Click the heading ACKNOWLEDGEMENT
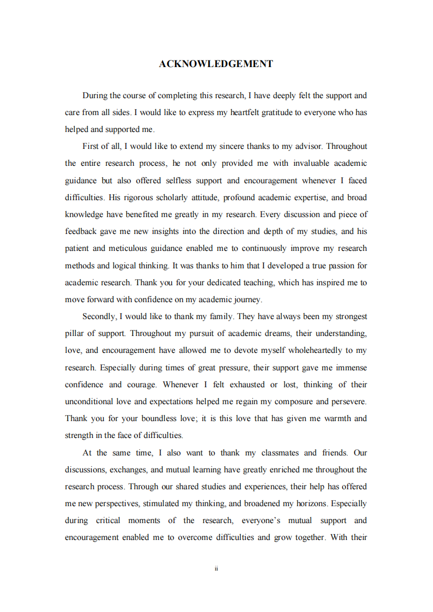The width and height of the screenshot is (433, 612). (216, 64)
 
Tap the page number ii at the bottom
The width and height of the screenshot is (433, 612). (216, 568)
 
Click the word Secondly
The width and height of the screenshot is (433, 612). (99, 316)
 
